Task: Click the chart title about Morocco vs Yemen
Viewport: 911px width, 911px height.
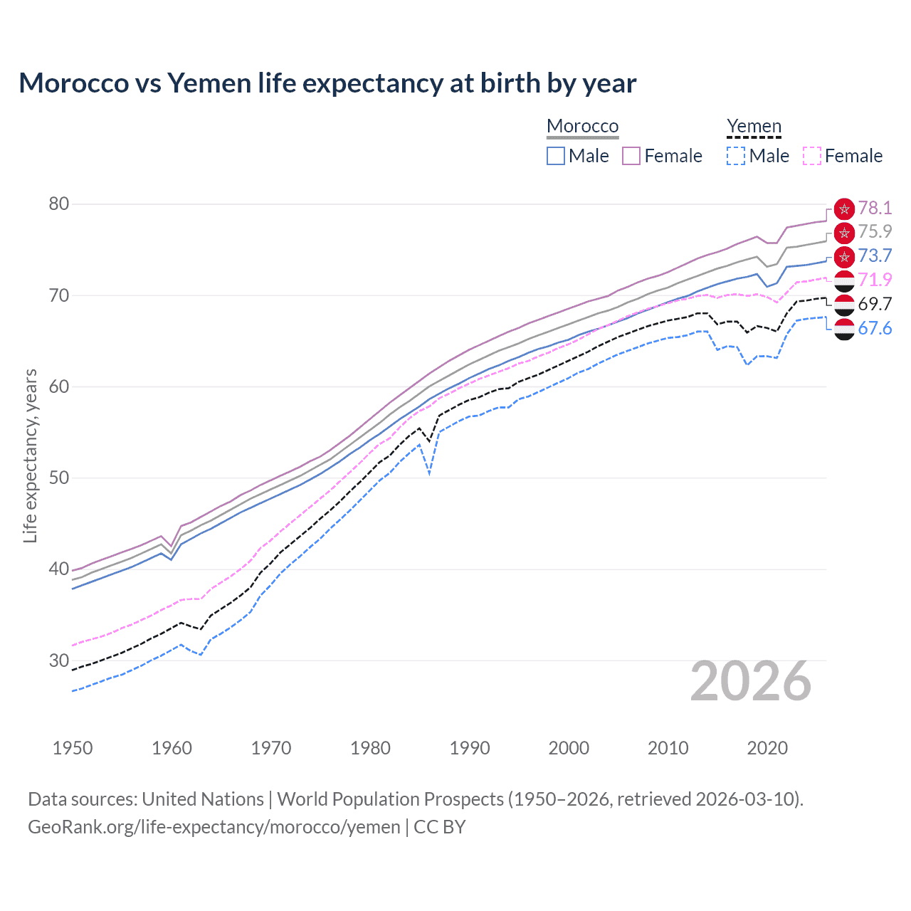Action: (327, 83)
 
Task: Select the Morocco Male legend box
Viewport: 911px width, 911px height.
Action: (556, 156)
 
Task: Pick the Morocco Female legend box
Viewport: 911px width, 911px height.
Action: (631, 156)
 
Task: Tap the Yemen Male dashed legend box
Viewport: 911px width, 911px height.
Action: (736, 156)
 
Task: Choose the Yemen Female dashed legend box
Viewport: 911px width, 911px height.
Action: (811, 156)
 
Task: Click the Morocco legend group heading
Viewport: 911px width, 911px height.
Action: (582, 126)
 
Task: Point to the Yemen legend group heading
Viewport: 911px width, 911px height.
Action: (754, 126)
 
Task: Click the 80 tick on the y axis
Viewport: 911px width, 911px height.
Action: (59, 204)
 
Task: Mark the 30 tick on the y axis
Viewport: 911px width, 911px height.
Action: (59, 660)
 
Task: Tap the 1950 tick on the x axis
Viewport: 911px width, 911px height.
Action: (73, 748)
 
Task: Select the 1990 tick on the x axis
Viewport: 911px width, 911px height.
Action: (470, 748)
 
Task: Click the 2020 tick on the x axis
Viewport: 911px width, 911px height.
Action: (767, 748)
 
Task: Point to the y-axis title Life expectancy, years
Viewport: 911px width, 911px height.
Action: (30, 455)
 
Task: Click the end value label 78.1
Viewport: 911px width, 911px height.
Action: (875, 208)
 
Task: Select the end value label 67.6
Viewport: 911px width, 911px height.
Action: (875, 328)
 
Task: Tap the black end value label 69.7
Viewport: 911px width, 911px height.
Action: (875, 304)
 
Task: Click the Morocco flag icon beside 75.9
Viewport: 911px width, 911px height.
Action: (844, 232)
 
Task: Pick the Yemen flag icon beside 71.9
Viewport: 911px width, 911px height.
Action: (844, 280)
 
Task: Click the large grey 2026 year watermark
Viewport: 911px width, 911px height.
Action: (751, 681)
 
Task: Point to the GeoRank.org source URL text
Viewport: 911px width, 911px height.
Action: (214, 827)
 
